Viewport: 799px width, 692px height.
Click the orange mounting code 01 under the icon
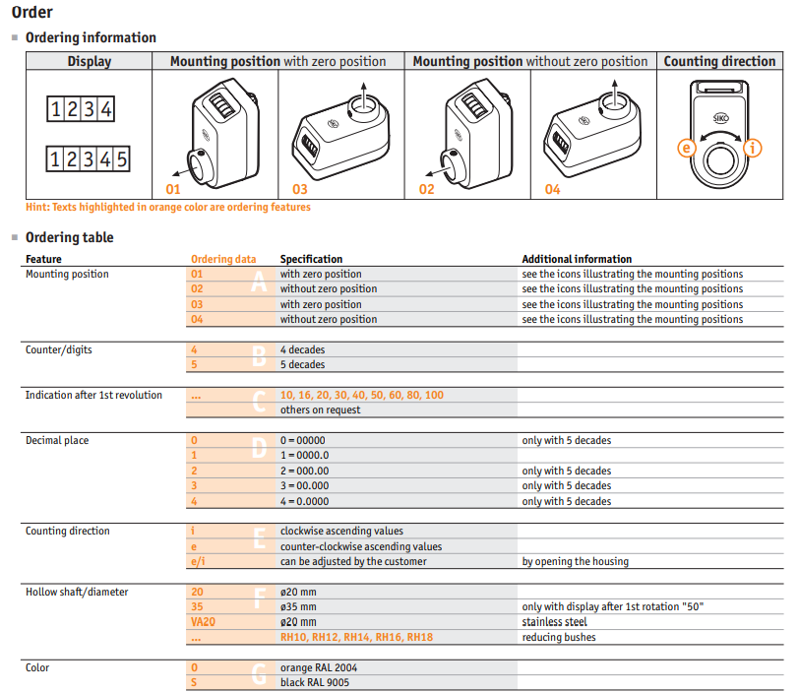coord(173,190)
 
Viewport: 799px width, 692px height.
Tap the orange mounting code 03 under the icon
coord(299,190)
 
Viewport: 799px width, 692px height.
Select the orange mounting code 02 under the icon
coord(426,190)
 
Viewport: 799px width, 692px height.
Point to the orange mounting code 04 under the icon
coord(552,190)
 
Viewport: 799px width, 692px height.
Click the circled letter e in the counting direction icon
coord(687,149)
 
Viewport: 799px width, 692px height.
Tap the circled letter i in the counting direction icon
coord(753,149)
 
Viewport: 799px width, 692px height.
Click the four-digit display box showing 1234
coord(81,109)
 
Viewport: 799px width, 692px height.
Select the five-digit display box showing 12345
coord(89,159)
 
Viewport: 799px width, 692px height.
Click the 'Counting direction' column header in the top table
coord(719,61)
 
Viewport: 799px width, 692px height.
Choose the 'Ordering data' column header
coord(223,259)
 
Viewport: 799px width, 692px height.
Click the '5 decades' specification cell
coord(302,365)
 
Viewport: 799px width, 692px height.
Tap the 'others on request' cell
coord(320,410)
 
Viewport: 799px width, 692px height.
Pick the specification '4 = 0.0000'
coord(304,501)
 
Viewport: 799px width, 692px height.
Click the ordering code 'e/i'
coord(198,561)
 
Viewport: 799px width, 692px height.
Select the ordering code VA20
coord(203,622)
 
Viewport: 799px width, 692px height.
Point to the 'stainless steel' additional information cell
coord(554,622)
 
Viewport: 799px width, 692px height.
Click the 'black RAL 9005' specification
coord(315,683)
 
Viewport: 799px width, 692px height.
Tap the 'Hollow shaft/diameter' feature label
coord(77,593)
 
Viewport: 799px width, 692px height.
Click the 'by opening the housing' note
coord(576,561)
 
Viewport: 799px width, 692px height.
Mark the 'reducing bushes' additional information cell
coord(559,638)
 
